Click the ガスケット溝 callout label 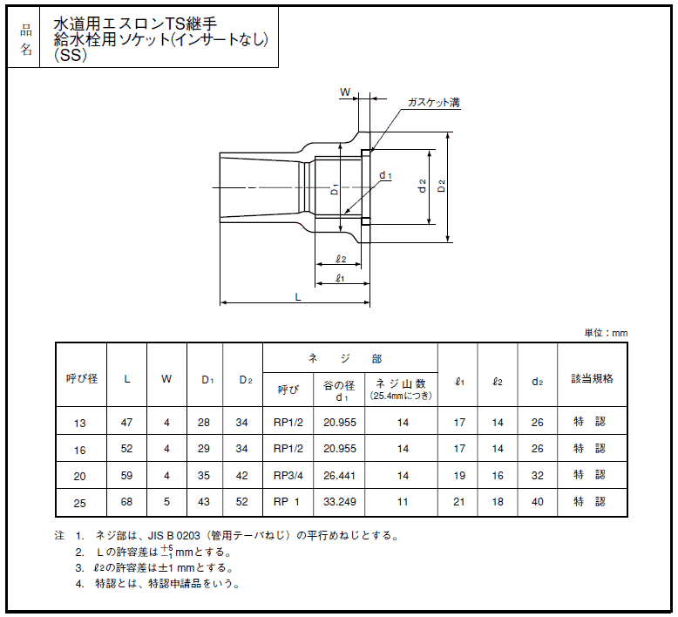pyautogui.click(x=434, y=103)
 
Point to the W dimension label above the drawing pyautogui.click(x=344, y=92)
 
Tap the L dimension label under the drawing pyautogui.click(x=297, y=297)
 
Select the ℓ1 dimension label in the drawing pyautogui.click(x=340, y=278)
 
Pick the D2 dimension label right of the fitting pyautogui.click(x=441, y=186)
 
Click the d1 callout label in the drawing pyautogui.click(x=385, y=175)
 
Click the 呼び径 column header pyautogui.click(x=82, y=379)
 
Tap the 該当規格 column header pyautogui.click(x=592, y=379)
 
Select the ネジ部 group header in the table pyautogui.click(x=345, y=358)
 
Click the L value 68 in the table pyautogui.click(x=126, y=502)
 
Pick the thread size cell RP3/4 pyautogui.click(x=288, y=476)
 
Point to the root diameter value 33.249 pyautogui.click(x=340, y=502)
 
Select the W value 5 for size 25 pyautogui.click(x=167, y=502)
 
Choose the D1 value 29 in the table pyautogui.click(x=204, y=449)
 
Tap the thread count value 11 pyautogui.click(x=403, y=502)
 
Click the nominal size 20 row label pyautogui.click(x=79, y=476)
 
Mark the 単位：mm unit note pyautogui.click(x=606, y=333)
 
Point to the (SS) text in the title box pyautogui.click(x=71, y=56)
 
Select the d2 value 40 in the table pyautogui.click(x=538, y=502)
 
